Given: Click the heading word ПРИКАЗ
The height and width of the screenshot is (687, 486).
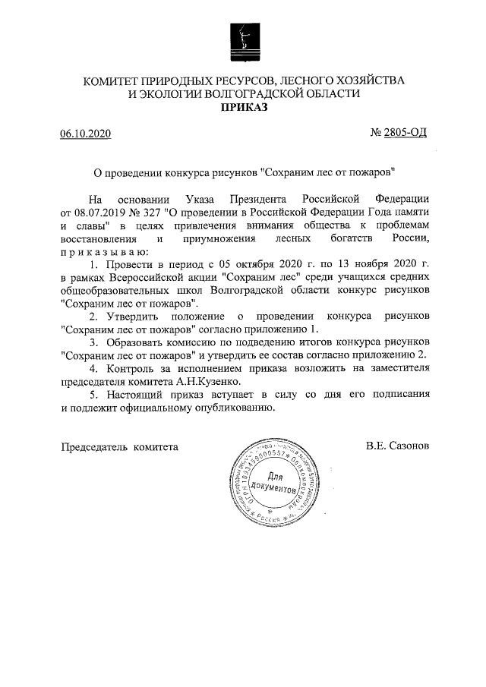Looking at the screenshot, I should pos(243,108).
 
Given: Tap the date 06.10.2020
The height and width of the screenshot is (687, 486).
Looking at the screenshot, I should pos(86,134).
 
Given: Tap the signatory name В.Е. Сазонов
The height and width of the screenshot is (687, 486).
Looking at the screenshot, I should pos(397,446).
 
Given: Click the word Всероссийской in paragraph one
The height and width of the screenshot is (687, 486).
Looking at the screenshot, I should pos(147,277).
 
